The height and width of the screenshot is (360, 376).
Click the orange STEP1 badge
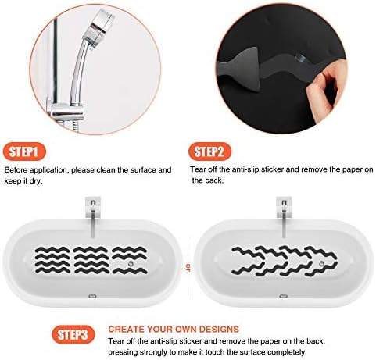(27, 151)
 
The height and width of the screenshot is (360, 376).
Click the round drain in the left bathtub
(129, 270)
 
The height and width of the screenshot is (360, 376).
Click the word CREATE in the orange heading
(127, 330)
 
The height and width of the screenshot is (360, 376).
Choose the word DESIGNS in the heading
(216, 330)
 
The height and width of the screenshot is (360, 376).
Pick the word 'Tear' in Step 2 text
(199, 169)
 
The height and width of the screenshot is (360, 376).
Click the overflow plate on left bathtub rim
(92, 296)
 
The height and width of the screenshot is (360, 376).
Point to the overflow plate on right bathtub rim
(282, 296)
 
